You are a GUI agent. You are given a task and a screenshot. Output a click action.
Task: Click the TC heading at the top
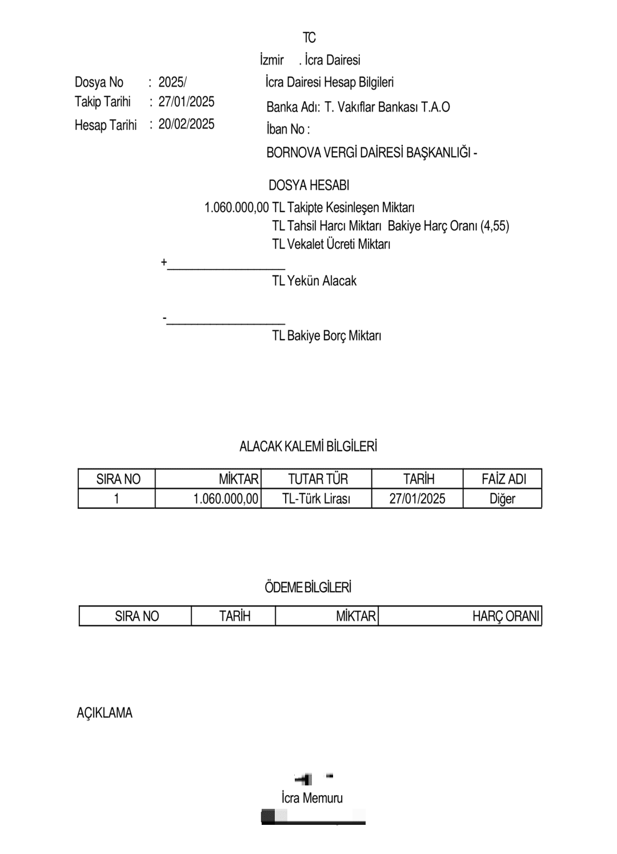pyautogui.click(x=309, y=38)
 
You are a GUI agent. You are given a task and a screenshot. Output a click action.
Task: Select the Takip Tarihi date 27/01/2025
pyautogui.click(x=186, y=102)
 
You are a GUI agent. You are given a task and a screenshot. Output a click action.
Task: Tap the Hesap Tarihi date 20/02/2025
pyautogui.click(x=186, y=124)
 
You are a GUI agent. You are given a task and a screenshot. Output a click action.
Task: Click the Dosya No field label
pyautogui.click(x=99, y=82)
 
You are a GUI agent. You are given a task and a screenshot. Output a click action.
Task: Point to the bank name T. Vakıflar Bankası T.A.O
pyautogui.click(x=387, y=107)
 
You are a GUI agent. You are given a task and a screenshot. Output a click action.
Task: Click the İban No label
pyautogui.click(x=288, y=129)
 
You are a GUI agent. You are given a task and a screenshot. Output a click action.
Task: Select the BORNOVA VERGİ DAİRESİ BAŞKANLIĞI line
pyautogui.click(x=371, y=153)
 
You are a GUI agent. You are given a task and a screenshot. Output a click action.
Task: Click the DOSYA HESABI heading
pyautogui.click(x=308, y=185)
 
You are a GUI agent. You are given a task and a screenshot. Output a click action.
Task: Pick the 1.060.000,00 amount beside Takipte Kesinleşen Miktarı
pyautogui.click(x=237, y=207)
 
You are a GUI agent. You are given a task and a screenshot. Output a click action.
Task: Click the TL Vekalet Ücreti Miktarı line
pyautogui.click(x=331, y=244)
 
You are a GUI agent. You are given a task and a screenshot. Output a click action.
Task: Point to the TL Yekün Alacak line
pyautogui.click(x=314, y=281)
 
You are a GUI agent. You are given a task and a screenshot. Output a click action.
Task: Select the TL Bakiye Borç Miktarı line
pyautogui.click(x=327, y=336)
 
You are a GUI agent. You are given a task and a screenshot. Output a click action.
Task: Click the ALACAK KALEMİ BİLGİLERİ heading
pyautogui.click(x=308, y=446)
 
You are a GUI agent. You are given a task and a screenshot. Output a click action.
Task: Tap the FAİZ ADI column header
pyautogui.click(x=503, y=479)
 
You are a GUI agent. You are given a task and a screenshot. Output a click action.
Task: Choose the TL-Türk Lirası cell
pyautogui.click(x=316, y=498)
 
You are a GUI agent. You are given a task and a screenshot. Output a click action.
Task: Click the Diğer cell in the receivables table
pyautogui.click(x=502, y=498)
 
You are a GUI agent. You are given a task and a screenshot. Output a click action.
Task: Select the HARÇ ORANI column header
pyautogui.click(x=506, y=616)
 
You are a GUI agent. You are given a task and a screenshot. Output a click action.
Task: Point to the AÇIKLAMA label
pyautogui.click(x=105, y=713)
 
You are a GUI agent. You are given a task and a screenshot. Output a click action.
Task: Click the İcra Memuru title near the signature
pyautogui.click(x=312, y=798)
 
